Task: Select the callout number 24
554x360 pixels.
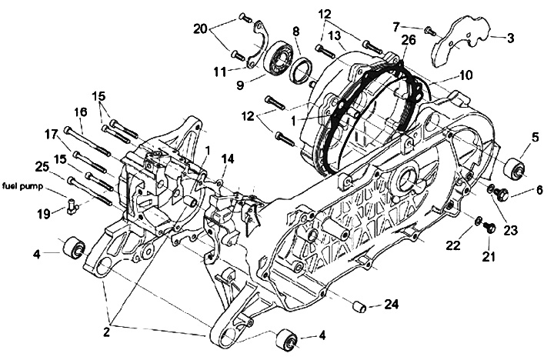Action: click(392, 305)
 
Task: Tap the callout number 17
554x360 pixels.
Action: click(51, 133)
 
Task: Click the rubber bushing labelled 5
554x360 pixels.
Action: click(514, 170)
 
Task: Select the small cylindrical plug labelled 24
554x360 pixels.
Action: click(358, 305)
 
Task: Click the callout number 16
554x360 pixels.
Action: click(80, 112)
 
